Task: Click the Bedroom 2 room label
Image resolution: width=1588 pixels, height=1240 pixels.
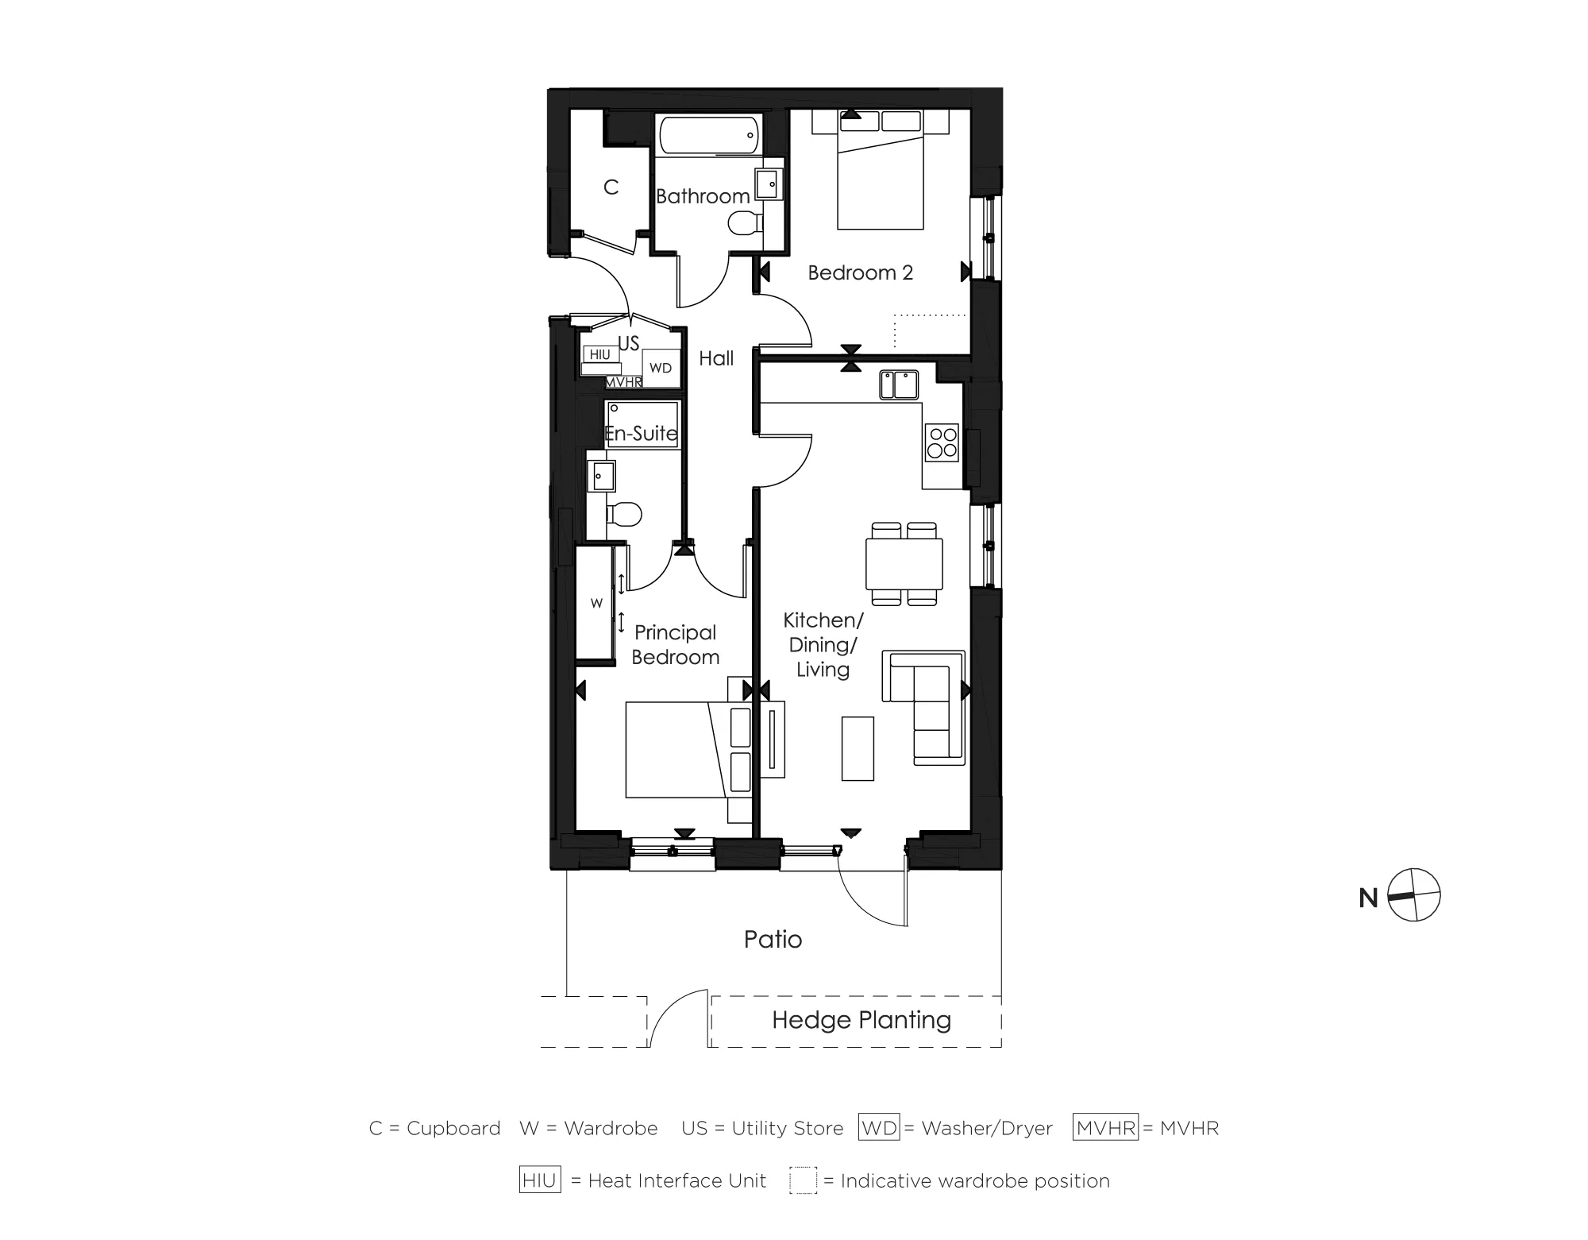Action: tap(860, 272)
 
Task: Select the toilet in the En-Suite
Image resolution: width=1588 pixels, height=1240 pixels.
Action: tap(626, 514)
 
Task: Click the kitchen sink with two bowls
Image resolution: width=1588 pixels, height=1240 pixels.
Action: tap(899, 384)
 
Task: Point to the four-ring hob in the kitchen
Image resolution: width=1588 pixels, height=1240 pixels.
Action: tap(942, 442)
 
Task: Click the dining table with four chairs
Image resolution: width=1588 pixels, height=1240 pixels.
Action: tap(904, 563)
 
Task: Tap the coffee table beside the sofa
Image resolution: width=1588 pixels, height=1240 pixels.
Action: tap(858, 748)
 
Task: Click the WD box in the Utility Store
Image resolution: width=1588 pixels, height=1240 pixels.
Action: tap(661, 368)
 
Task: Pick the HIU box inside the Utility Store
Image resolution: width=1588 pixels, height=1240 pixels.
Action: tap(600, 354)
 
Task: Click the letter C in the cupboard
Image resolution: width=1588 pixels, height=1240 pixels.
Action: tap(611, 187)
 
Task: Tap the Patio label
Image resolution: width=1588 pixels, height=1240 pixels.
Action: tap(773, 940)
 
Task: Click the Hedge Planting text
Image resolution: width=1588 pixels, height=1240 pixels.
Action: tap(861, 1020)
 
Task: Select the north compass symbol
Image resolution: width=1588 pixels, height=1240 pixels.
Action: tap(1414, 895)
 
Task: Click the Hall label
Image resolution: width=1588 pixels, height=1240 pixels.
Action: tap(715, 359)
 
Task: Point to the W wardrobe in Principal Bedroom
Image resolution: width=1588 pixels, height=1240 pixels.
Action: tap(595, 603)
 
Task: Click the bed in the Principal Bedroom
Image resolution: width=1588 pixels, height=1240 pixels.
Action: tap(675, 750)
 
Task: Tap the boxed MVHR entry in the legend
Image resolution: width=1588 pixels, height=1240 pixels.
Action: tap(1105, 1127)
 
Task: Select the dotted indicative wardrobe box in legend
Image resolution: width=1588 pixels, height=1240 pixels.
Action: tap(803, 1180)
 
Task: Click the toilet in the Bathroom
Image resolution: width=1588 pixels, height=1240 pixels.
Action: tap(743, 223)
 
